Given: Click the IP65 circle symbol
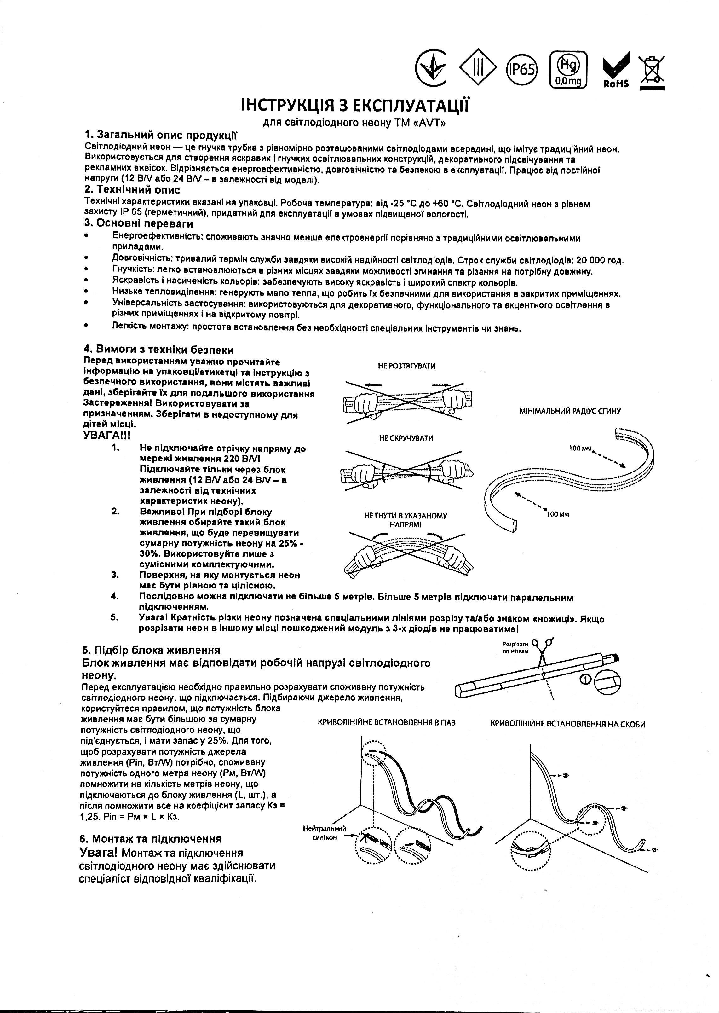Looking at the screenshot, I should point(521,69).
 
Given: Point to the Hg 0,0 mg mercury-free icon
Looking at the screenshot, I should point(568,70).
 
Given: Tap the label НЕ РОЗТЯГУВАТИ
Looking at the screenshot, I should point(406,366).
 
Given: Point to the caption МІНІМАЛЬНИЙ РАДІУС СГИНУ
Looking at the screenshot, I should point(570,411).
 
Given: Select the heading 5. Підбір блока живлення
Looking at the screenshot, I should point(152,650).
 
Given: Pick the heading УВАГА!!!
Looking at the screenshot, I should point(107,435).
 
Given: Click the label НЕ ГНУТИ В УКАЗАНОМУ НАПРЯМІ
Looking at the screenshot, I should point(405,519).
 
